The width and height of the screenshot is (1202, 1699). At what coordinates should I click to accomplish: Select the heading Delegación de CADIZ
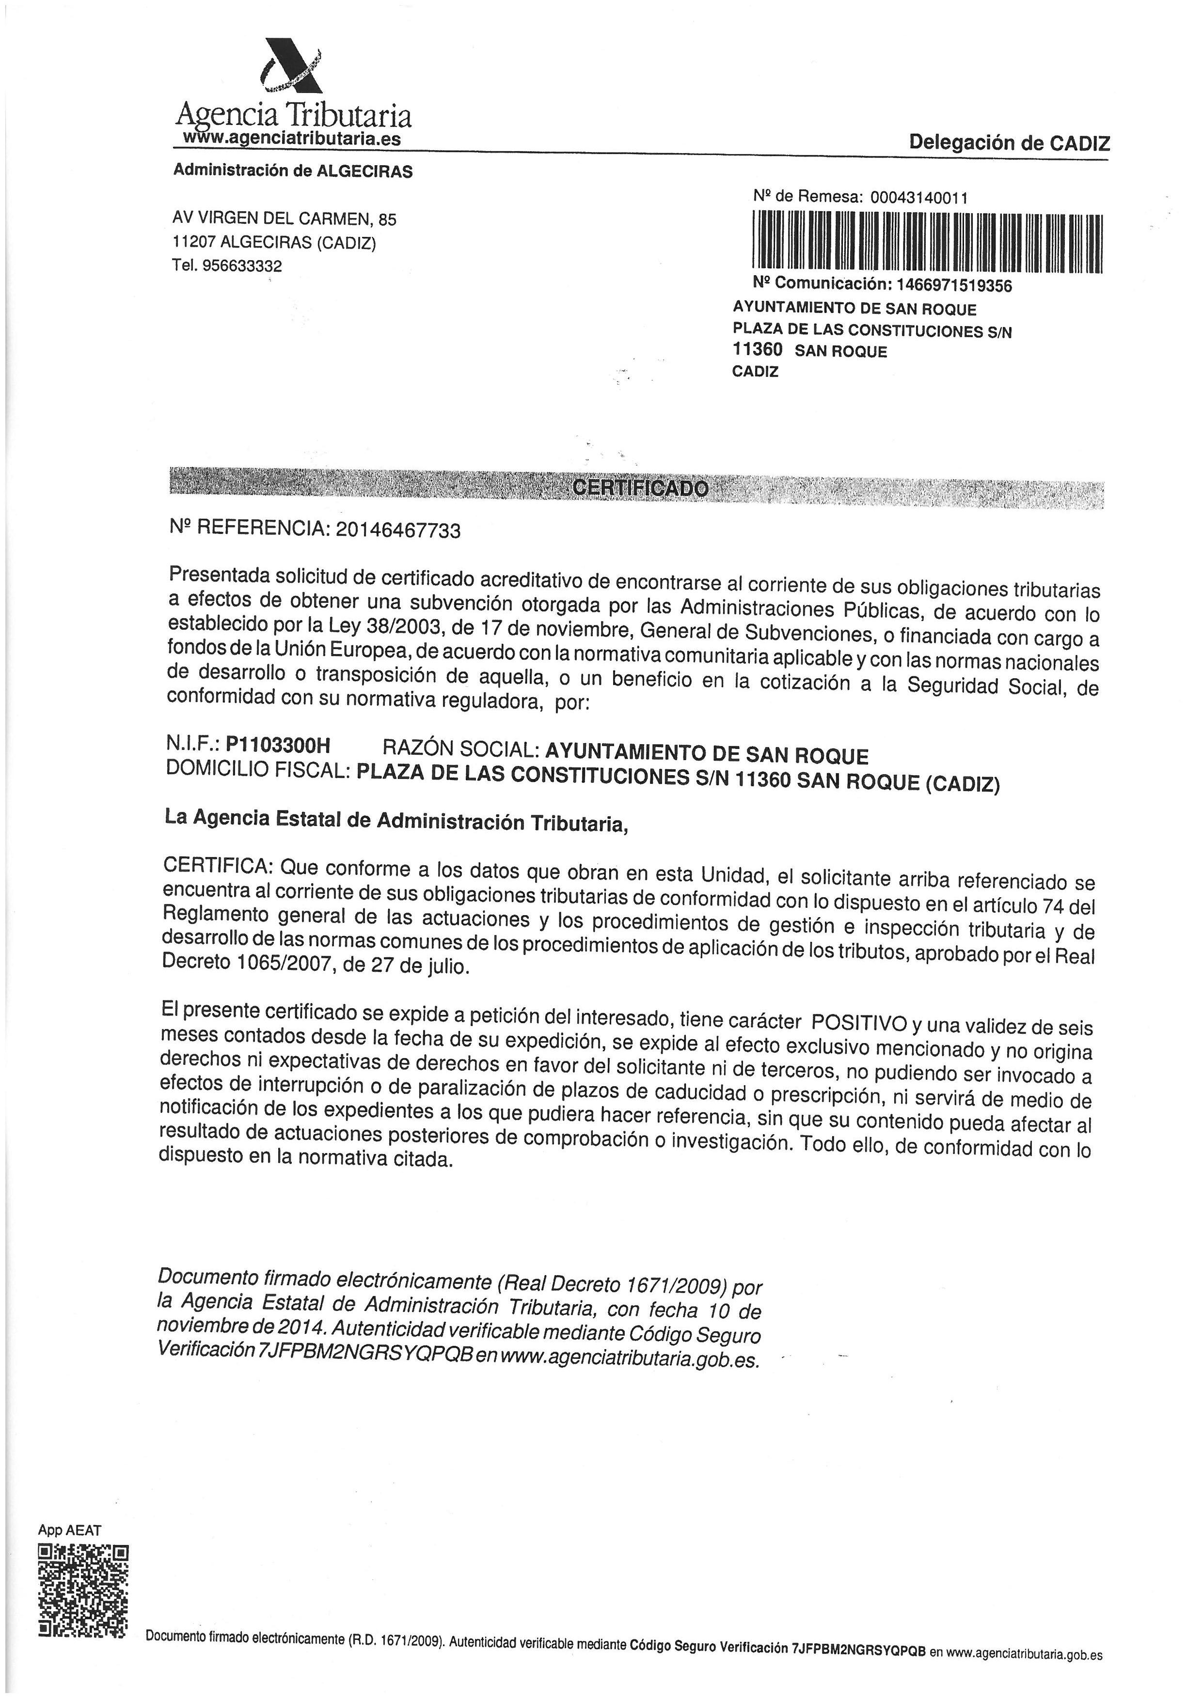[x=1010, y=143]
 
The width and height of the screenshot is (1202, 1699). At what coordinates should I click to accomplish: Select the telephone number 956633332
[x=241, y=265]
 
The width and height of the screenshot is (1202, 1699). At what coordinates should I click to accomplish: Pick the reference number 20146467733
[x=398, y=530]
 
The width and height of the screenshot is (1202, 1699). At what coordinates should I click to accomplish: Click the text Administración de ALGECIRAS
[x=293, y=171]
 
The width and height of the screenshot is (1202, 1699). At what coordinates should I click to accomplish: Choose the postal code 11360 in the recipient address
[x=757, y=350]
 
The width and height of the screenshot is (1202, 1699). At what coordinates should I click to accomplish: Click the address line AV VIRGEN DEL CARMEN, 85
[x=284, y=219]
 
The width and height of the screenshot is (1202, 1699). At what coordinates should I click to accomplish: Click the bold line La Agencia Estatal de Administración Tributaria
[x=396, y=821]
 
